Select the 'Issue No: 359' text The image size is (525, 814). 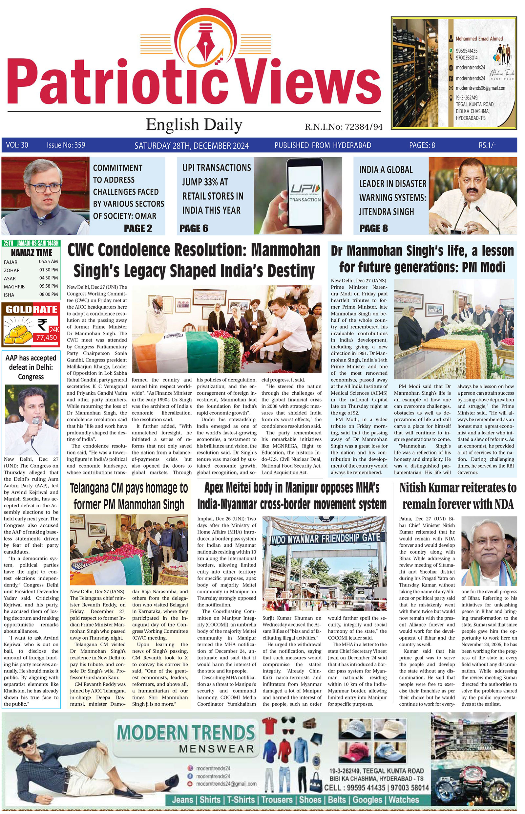[x=66, y=145]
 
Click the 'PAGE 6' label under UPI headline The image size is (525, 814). [x=194, y=228]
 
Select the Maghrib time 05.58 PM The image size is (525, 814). [x=49, y=286]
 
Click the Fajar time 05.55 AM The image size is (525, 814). [x=49, y=262]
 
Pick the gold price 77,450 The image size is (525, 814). [x=47, y=338]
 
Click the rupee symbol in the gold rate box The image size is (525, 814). [x=42, y=324]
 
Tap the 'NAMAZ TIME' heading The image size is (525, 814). [x=31, y=253]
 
